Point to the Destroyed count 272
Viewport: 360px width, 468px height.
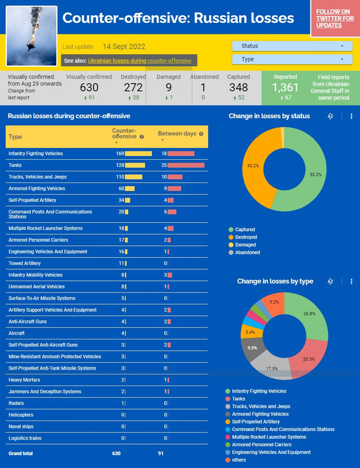[133, 87]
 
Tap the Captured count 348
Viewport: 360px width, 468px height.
[238, 87]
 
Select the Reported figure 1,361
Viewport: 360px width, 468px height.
[285, 87]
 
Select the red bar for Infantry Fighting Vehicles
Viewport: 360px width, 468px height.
[181, 153]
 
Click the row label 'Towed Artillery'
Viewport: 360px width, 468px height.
[26, 263]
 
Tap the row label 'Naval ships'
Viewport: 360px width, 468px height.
[22, 426]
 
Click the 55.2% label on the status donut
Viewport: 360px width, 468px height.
[316, 174]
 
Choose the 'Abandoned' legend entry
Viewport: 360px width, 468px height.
[244, 252]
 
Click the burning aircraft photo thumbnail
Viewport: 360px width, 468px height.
[32, 36]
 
